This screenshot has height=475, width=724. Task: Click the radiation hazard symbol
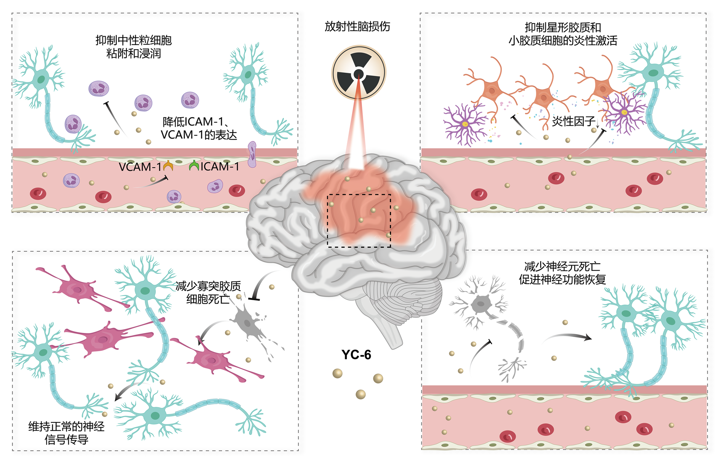[x=358, y=73]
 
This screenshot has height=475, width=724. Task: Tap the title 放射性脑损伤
[x=357, y=26]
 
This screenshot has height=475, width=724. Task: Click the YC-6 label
[x=356, y=355]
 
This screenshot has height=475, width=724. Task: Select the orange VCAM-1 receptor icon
[x=168, y=166]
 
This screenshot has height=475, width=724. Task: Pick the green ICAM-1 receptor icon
[x=194, y=166]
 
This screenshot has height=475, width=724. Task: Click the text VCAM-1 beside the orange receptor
[x=139, y=167]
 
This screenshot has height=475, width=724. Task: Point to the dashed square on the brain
[x=359, y=221]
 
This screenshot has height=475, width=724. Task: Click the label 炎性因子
[x=573, y=121]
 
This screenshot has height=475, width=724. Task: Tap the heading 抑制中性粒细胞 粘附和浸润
[x=133, y=46]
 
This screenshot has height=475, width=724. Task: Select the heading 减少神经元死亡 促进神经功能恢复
[x=562, y=273]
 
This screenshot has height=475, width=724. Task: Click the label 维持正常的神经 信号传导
[x=66, y=433]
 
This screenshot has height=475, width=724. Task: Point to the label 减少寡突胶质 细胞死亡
[x=208, y=292]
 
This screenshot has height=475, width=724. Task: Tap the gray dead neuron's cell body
[x=481, y=304]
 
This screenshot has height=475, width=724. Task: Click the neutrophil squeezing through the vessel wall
[x=252, y=154]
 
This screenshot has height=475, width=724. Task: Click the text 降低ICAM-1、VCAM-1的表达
[x=198, y=128]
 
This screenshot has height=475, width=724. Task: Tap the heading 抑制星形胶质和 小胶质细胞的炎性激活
[x=563, y=34]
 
